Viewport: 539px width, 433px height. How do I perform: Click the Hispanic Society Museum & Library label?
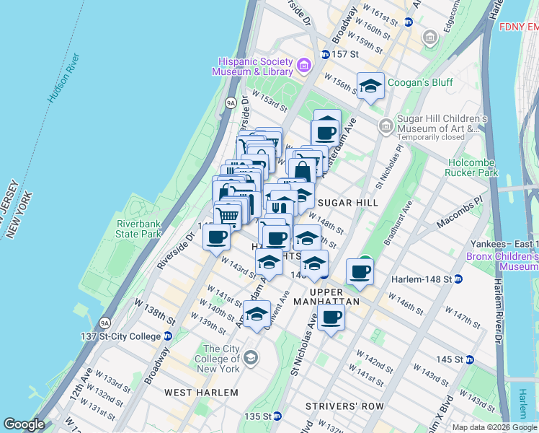pos(252,66)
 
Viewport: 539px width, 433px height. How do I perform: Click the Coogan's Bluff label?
pos(421,82)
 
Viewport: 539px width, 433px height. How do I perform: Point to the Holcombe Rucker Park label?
pos(473,167)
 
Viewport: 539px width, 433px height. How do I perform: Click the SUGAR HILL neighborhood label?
pos(348,203)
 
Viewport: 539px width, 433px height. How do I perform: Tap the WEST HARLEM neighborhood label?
pos(201,393)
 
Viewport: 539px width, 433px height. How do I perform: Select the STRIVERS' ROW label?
pos(344,406)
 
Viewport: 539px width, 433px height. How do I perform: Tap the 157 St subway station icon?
pos(325,54)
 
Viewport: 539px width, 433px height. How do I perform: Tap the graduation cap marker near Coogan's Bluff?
pos(370,87)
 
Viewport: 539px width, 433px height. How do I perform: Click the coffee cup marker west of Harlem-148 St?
pos(360,271)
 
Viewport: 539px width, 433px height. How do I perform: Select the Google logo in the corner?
pos(24,424)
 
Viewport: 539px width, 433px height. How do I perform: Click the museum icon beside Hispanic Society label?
pos(303,67)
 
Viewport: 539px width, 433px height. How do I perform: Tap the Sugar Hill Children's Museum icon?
pos(386,126)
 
